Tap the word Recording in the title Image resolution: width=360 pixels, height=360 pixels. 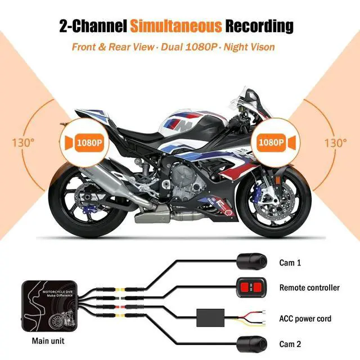(x=260, y=26)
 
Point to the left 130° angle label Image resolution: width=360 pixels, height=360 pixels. (x=19, y=142)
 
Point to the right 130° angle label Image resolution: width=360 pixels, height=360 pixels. (x=336, y=142)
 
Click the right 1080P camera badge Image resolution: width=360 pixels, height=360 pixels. (x=274, y=142)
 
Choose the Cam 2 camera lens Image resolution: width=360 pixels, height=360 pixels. (x=248, y=341)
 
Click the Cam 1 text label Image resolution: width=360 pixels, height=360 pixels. (x=291, y=262)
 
